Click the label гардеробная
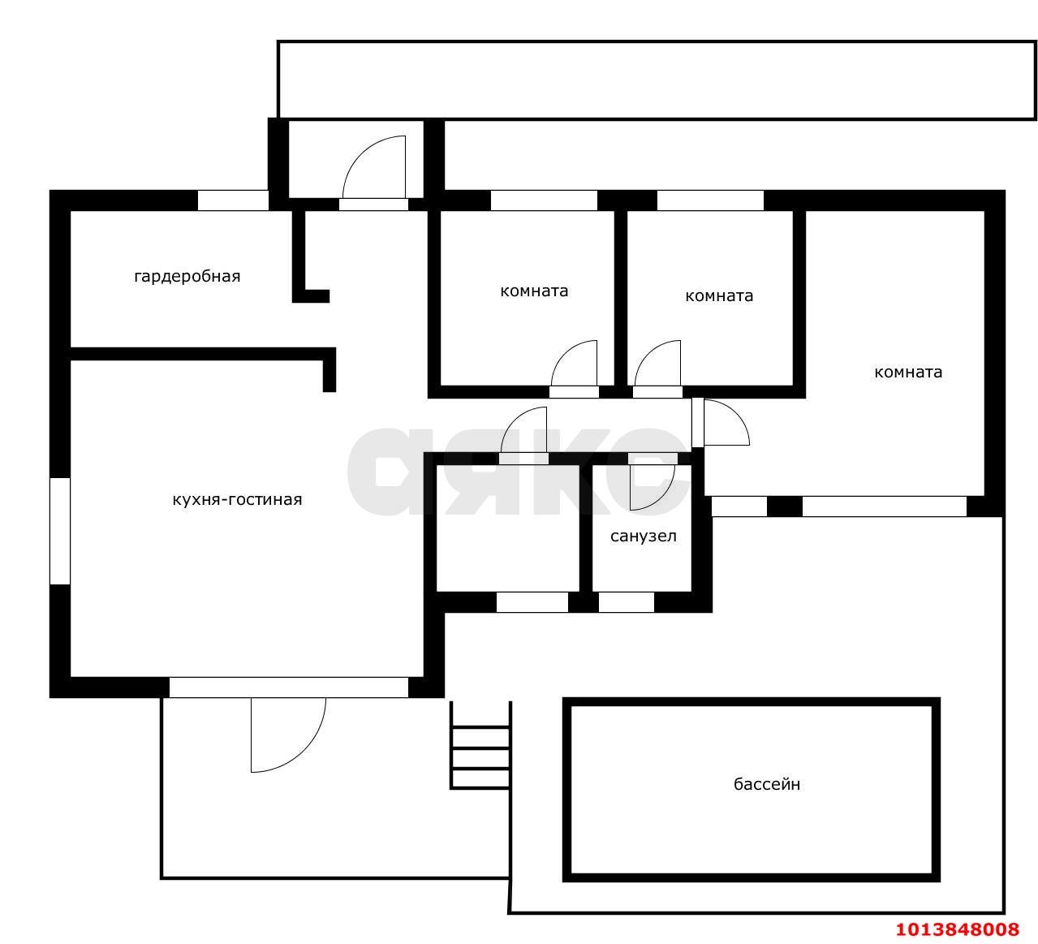(x=187, y=276)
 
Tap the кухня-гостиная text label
(x=237, y=500)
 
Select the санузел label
(x=644, y=537)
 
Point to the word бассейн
(x=767, y=784)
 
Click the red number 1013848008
(x=958, y=929)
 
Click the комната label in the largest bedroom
(x=908, y=372)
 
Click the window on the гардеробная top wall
(x=233, y=200)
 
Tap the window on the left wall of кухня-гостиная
(x=60, y=531)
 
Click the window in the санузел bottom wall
(x=626, y=602)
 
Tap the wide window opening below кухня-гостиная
(x=289, y=688)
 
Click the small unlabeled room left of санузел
(x=507, y=528)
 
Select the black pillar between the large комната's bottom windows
(x=785, y=506)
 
